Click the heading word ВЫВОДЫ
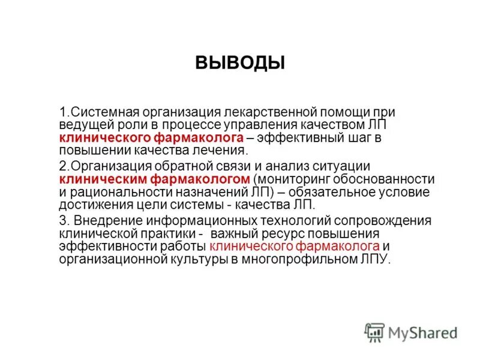239,62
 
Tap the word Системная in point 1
100,112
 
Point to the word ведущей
83,124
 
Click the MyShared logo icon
374,332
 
